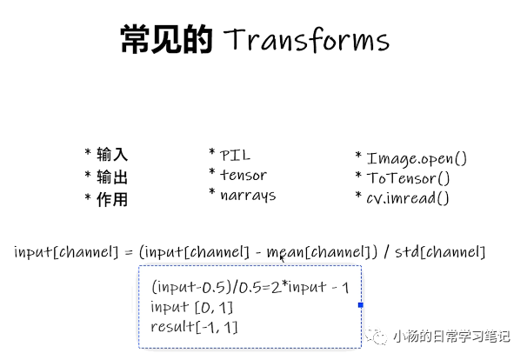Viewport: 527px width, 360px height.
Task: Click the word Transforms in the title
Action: (x=306, y=41)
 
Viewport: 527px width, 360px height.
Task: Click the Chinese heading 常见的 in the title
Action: (x=165, y=40)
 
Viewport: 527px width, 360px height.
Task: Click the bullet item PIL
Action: (x=235, y=155)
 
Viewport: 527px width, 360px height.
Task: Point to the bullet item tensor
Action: (x=243, y=175)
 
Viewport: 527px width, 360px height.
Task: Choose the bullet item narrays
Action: (x=247, y=195)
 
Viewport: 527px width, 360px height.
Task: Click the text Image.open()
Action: (x=416, y=158)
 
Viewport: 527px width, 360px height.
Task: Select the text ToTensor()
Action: (x=408, y=178)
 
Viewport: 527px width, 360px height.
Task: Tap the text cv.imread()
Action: (x=407, y=198)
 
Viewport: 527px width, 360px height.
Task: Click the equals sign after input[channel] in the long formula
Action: (x=128, y=252)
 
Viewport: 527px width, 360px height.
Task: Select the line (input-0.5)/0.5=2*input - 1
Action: (x=249, y=288)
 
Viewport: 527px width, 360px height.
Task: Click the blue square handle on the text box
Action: (x=361, y=305)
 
